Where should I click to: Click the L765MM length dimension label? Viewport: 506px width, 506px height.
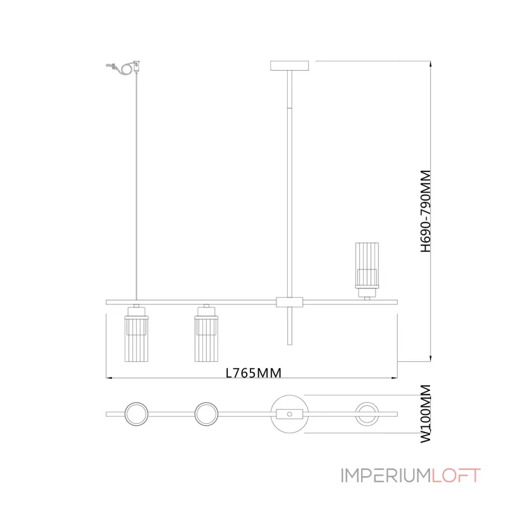click(x=254, y=373)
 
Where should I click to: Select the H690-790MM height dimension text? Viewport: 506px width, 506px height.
click(x=426, y=211)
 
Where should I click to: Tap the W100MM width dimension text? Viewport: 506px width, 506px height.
click(x=426, y=414)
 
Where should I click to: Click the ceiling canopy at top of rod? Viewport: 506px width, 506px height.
click(x=290, y=66)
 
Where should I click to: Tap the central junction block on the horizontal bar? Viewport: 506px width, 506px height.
click(x=290, y=302)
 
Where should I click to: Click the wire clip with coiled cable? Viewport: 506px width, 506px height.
click(x=124, y=67)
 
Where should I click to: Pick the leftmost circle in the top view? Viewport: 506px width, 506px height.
click(x=137, y=402)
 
